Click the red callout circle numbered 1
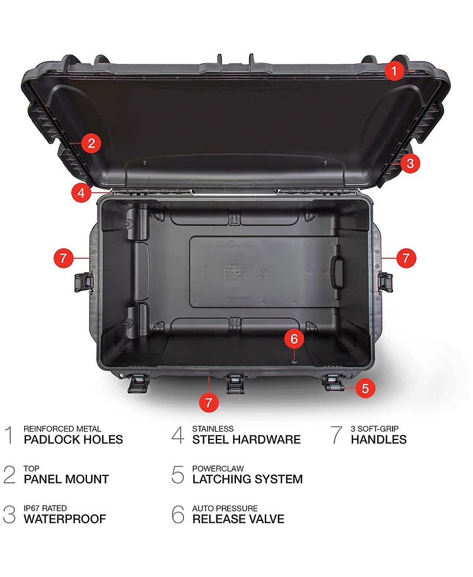[394, 71]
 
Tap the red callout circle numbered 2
[90, 142]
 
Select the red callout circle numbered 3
[410, 163]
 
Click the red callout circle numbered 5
[365, 388]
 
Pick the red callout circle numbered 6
[294, 338]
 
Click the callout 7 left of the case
[64, 258]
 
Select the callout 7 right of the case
[406, 258]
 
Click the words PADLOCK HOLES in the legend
[73, 439]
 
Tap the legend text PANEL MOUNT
[66, 479]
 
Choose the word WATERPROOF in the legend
[64, 519]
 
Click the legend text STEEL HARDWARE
[246, 439]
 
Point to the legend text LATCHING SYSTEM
[247, 479]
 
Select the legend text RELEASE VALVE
[238, 519]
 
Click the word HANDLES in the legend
[378, 439]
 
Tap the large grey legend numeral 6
[178, 514]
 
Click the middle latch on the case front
[235, 384]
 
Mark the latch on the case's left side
[83, 282]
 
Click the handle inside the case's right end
[338, 272]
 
